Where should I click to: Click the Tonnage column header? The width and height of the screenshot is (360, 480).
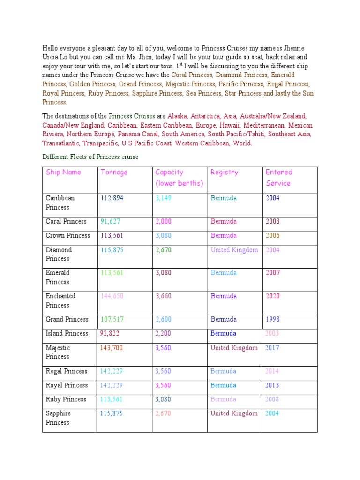click(114, 172)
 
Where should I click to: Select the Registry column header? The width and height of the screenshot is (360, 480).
click(224, 172)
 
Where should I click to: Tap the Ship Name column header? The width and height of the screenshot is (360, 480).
click(63, 172)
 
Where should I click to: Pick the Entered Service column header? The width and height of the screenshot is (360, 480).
click(279, 178)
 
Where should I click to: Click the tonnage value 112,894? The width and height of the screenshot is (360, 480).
click(112, 198)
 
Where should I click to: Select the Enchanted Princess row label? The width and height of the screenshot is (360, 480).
click(60, 300)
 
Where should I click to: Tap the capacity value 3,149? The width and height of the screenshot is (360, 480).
click(164, 198)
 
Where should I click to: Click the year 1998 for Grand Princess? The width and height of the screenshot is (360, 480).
click(272, 320)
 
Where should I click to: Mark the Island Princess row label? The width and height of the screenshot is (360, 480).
click(67, 334)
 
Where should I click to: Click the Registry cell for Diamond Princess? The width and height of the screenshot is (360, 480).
click(234, 250)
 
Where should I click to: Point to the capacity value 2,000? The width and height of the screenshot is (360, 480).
click(164, 222)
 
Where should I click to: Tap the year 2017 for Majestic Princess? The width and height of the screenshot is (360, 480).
click(272, 348)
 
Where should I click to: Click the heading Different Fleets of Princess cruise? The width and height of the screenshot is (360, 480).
click(90, 157)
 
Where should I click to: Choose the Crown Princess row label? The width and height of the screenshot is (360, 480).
click(67, 236)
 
